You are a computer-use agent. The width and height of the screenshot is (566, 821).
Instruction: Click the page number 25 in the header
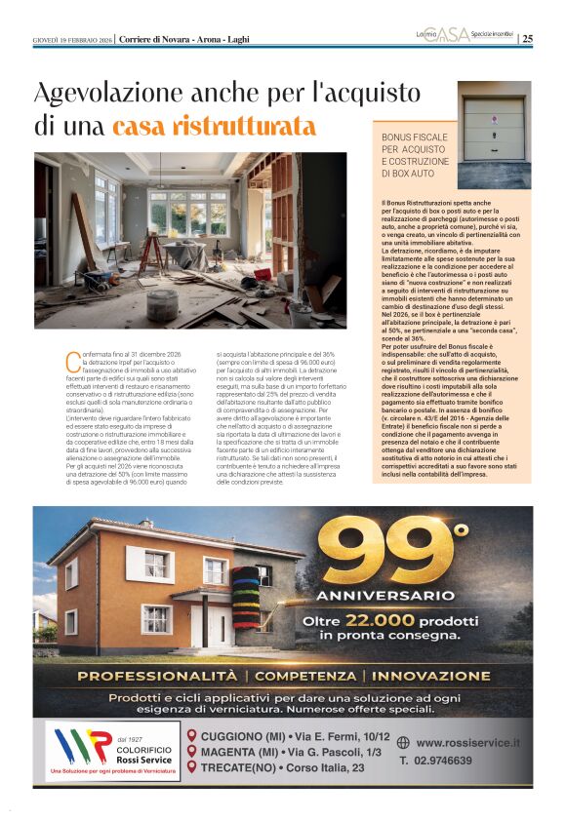(x=528, y=39)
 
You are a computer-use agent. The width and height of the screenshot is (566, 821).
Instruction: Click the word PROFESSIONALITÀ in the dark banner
(x=161, y=675)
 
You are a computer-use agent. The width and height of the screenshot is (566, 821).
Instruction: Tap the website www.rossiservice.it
(x=468, y=743)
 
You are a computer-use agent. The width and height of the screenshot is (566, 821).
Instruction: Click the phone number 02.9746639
(x=447, y=761)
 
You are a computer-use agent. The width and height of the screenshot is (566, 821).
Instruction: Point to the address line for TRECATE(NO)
(x=283, y=768)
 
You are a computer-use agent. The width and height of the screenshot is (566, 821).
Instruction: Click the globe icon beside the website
(x=403, y=743)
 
